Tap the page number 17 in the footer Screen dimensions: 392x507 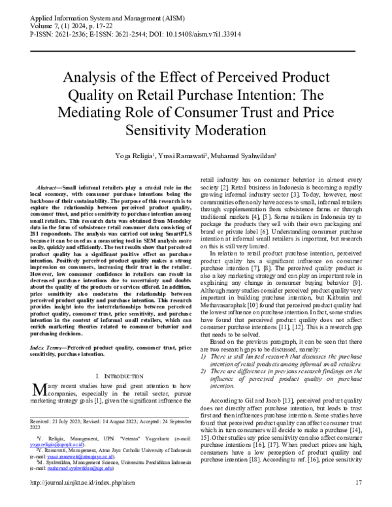(357, 500)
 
